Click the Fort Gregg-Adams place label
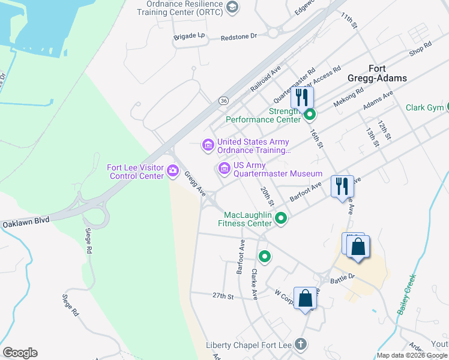[x=377, y=73]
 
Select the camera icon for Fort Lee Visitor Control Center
[x=173, y=171]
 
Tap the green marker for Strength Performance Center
[x=309, y=114]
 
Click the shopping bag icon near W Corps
[x=306, y=298]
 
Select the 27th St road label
[x=221, y=296]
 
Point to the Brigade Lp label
[x=189, y=37]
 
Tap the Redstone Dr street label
[x=238, y=37]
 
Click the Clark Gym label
[x=424, y=108]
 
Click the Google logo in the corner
[x=20, y=353]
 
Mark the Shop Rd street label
[x=420, y=49]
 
